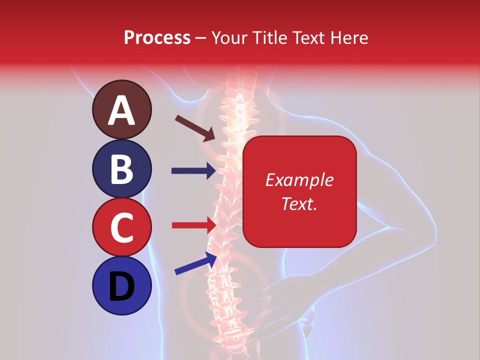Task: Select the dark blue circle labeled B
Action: click(x=121, y=168)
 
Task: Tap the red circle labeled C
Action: click(x=121, y=227)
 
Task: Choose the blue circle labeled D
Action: click(x=121, y=285)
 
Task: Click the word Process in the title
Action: click(x=157, y=37)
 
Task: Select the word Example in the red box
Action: click(x=299, y=180)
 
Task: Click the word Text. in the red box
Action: click(x=299, y=203)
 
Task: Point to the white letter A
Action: click(x=121, y=110)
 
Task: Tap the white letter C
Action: click(x=121, y=227)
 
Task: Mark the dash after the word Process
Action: click(x=201, y=38)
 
